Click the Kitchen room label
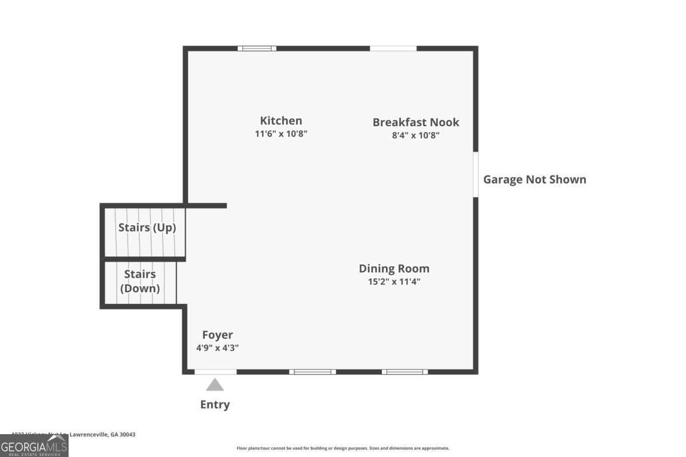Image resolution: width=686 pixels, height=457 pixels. [281, 121]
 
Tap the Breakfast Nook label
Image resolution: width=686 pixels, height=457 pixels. [416, 122]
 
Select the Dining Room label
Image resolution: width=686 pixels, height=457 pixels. [394, 268]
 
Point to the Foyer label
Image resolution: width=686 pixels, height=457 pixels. [217, 335]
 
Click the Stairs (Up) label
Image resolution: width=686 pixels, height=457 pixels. [147, 227]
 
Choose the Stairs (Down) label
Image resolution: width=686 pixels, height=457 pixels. [140, 281]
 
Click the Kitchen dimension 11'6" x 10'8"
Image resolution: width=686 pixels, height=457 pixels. [281, 134]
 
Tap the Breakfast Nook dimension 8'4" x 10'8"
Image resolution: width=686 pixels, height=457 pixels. [416, 135]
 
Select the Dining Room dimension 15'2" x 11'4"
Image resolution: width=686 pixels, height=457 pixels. [394, 282]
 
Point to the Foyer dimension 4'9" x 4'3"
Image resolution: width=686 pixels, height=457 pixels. [217, 347]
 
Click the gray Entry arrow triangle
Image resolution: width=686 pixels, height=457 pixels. [215, 385]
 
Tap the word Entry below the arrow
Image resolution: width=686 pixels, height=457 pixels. [215, 404]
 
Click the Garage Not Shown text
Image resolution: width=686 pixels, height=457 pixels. [535, 179]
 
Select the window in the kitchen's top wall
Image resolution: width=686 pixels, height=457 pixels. [257, 49]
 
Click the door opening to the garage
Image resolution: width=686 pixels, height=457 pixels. [476, 174]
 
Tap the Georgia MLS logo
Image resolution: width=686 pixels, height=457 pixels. [34, 446]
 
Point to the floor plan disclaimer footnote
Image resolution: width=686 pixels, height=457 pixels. [343, 448]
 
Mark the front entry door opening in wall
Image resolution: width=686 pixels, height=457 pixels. [215, 372]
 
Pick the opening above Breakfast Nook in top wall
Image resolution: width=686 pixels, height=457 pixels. [393, 49]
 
